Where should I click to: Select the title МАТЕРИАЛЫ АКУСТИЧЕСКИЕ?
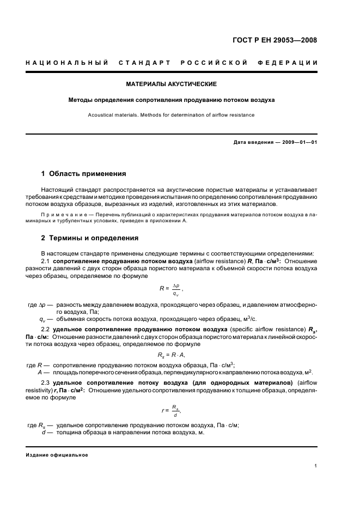pos(172,84)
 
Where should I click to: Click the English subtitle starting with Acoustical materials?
pos(171,115)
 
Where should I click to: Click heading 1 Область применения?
pos(84,174)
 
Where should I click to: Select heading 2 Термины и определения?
pos(90,238)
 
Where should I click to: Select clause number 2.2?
pos(46,330)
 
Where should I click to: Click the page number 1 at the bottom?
pos(316,466)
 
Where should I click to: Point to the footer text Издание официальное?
pos(57,455)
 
